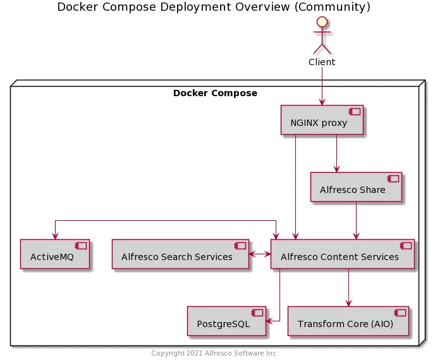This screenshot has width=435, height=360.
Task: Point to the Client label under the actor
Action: pyautogui.click(x=322, y=62)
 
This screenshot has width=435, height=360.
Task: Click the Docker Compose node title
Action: pyautogui.click(x=215, y=93)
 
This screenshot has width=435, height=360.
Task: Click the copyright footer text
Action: pyautogui.click(x=214, y=353)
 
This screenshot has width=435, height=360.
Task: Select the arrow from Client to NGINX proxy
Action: pyautogui.click(x=322, y=85)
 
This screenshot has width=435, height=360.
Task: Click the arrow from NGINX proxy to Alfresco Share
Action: pyautogui.click(x=336, y=153)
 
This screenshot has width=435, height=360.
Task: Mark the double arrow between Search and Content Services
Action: pyautogui.click(x=260, y=254)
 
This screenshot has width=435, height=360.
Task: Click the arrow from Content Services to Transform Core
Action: pyautogui.click(x=348, y=288)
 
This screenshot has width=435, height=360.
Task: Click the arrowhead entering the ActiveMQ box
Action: pyautogui.click(x=55, y=235)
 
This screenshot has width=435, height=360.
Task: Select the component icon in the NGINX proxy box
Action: pyautogui.click(x=355, y=111)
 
